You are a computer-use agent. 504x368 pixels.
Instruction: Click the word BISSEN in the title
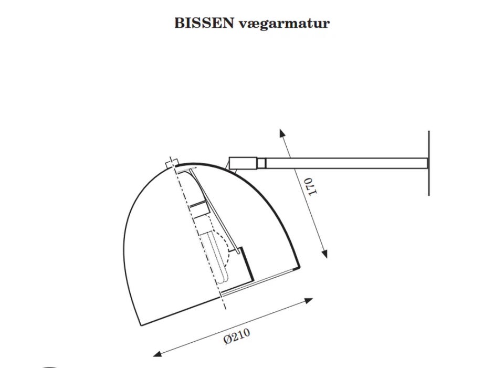tap(204, 23)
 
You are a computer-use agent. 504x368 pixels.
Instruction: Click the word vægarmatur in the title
tap(285, 24)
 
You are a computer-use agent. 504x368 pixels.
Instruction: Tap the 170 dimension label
tap(311, 186)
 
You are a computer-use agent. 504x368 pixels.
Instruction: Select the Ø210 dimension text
tap(237, 336)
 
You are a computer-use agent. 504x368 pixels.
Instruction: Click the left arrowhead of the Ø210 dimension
tap(157, 354)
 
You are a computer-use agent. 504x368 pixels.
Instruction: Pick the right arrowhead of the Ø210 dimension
tap(309, 301)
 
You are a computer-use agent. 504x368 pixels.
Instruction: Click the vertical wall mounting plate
tap(429, 163)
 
